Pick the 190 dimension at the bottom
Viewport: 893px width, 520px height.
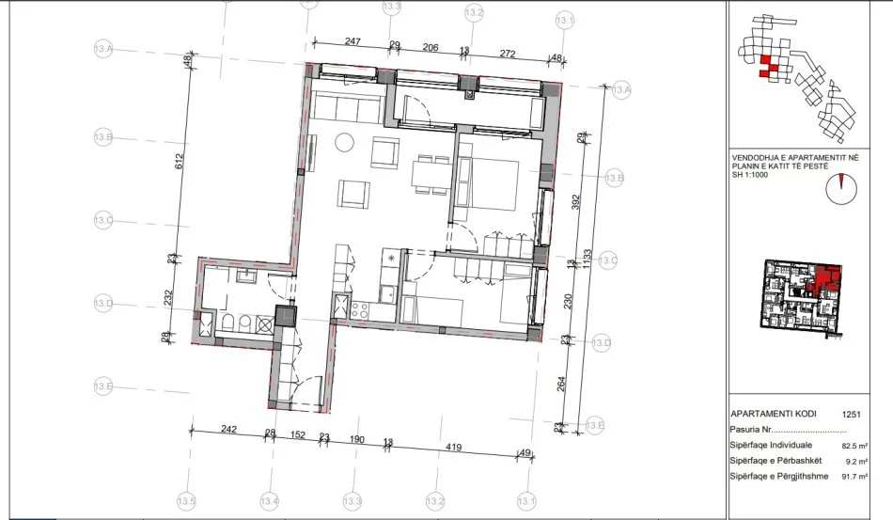pos(357,436)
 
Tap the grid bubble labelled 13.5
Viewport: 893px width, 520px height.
pos(186,500)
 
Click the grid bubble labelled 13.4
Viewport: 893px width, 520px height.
pos(270,500)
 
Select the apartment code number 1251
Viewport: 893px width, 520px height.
pos(852,413)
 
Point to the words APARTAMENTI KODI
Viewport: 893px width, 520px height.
pos(773,413)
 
